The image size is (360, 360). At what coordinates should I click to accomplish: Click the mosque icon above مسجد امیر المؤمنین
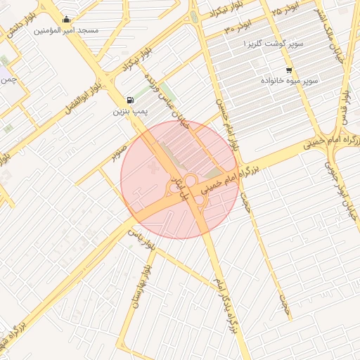pyautogui.click(x=66, y=19)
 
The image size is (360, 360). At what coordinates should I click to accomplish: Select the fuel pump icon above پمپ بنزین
pyautogui.click(x=130, y=100)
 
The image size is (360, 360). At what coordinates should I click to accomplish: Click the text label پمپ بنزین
pyautogui.click(x=130, y=112)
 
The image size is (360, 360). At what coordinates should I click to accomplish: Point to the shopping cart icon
pyautogui.click(x=289, y=70)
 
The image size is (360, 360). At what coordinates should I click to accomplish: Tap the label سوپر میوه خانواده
pyautogui.click(x=290, y=82)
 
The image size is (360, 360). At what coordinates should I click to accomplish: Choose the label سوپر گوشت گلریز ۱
pyautogui.click(x=274, y=44)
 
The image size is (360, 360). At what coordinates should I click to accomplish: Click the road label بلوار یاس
pyautogui.click(x=146, y=242)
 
